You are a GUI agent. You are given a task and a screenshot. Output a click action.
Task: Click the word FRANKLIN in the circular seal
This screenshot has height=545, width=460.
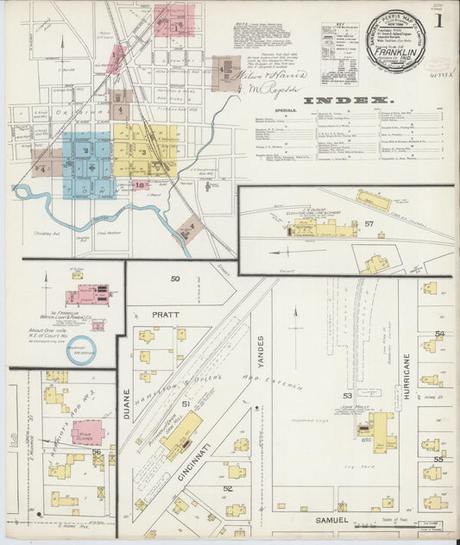(397, 51)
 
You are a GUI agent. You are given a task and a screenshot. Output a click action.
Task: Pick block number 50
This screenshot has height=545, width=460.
(174, 279)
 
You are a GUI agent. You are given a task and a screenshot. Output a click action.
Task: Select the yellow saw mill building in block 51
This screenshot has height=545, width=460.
(183, 434)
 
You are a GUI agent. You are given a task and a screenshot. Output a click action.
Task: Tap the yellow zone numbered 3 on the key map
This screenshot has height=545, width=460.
(142, 153)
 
